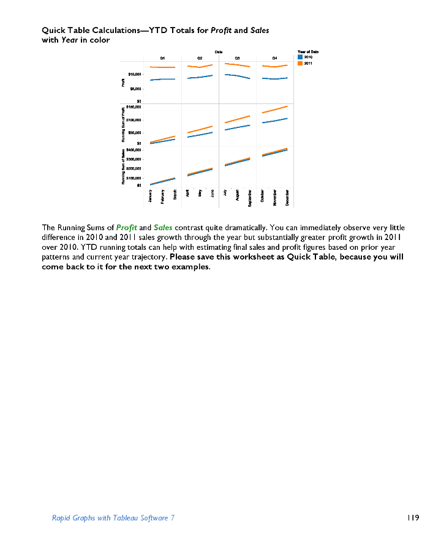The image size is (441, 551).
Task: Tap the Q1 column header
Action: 162,58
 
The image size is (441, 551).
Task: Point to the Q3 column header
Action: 237,58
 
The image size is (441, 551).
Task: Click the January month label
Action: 150,196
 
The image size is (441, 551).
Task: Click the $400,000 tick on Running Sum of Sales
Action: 134,149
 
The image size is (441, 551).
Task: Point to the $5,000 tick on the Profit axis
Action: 135,88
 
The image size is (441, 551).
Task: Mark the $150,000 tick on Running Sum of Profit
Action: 134,107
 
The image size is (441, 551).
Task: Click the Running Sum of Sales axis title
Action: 123,167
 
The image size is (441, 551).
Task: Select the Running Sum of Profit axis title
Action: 123,126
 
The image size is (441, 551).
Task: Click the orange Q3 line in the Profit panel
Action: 237,65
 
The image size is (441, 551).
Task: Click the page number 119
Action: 412,518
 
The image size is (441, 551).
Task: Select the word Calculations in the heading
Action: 92,29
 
